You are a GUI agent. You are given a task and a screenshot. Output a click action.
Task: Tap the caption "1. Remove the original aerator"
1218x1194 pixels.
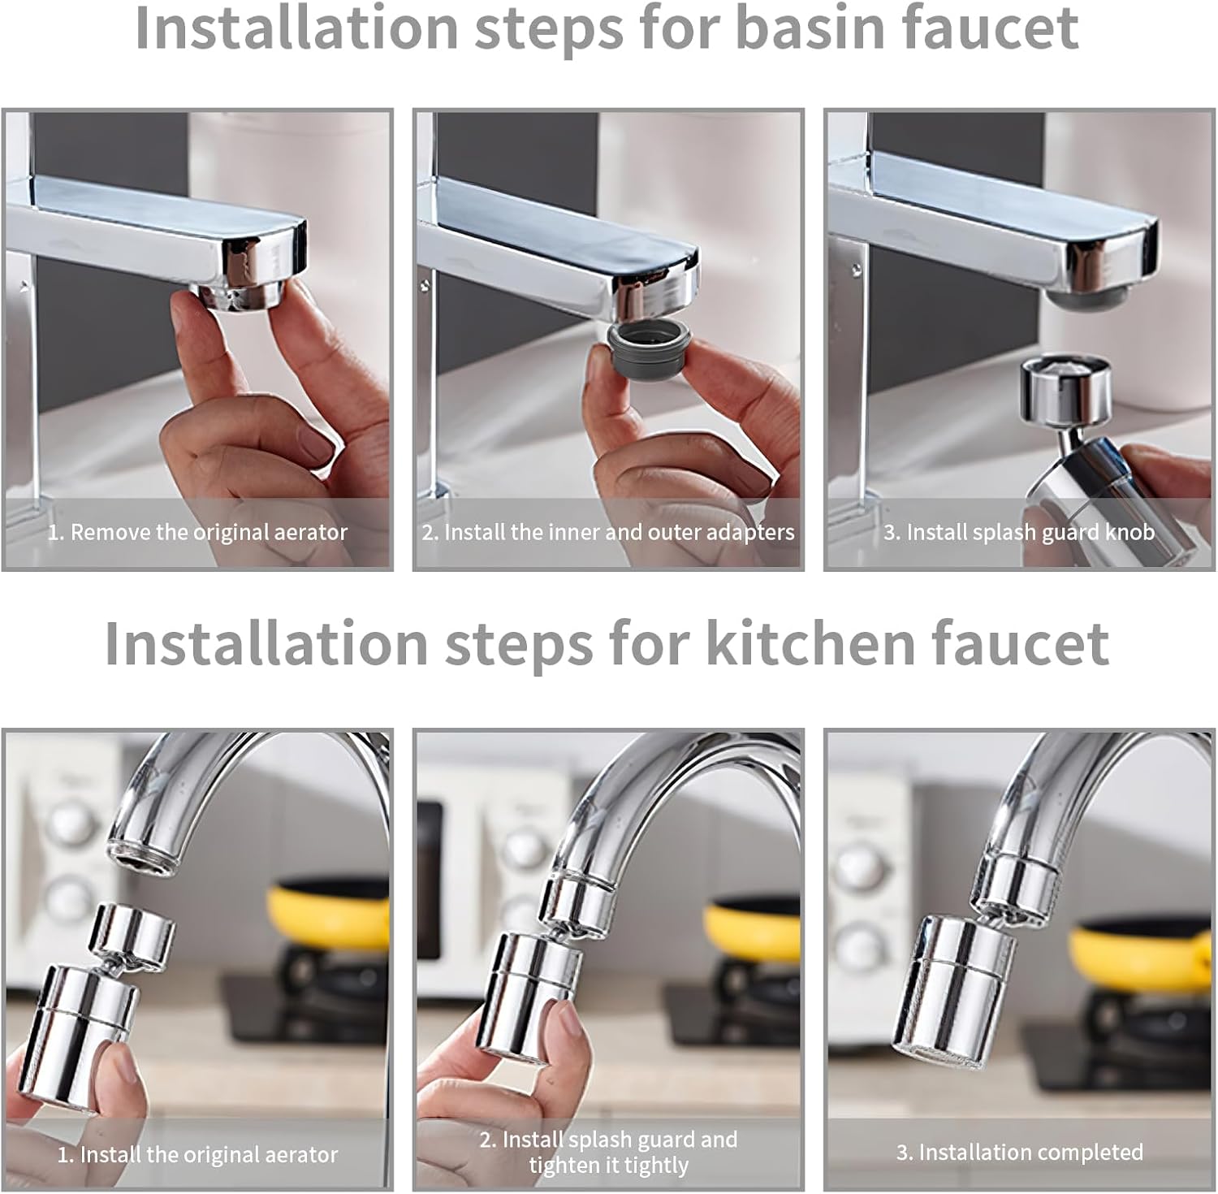pos(197,532)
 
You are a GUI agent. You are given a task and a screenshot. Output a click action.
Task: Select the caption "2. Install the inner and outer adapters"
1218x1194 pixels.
pos(608,532)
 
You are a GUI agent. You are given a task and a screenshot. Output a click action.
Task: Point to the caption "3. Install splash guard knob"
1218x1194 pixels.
pos(1019,532)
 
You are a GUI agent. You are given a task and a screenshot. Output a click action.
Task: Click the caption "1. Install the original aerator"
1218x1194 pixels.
pos(197,1154)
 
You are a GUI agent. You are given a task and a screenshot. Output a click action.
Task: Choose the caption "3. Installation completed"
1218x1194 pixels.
pos(1019,1152)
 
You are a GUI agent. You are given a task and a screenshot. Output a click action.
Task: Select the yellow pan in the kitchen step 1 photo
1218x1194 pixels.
pos(329,918)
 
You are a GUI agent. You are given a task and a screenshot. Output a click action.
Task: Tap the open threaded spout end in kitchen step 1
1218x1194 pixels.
pos(142,859)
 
